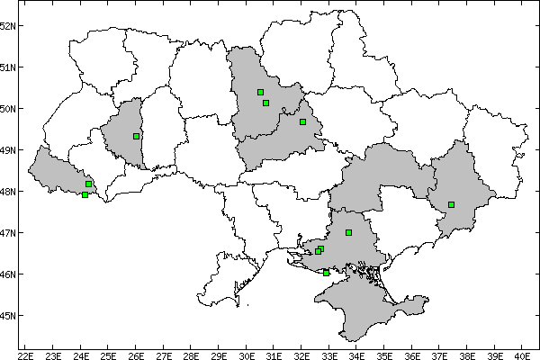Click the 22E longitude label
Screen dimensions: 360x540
tap(25, 354)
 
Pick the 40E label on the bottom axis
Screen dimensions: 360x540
tap(522, 354)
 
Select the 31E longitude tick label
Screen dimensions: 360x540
tap(274, 354)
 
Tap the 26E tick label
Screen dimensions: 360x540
tap(136, 354)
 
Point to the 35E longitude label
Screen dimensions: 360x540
tap(384, 354)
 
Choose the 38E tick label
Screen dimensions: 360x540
tap(467, 354)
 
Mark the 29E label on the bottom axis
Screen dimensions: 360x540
tap(219, 354)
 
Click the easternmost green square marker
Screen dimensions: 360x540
tap(451, 204)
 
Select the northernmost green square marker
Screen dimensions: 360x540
tap(260, 92)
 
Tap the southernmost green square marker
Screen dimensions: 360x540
tap(326, 273)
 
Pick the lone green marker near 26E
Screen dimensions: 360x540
tap(136, 136)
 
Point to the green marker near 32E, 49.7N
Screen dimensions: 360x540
tap(302, 121)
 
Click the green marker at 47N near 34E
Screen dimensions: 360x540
tap(348, 232)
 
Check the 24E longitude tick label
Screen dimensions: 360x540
tap(81, 354)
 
